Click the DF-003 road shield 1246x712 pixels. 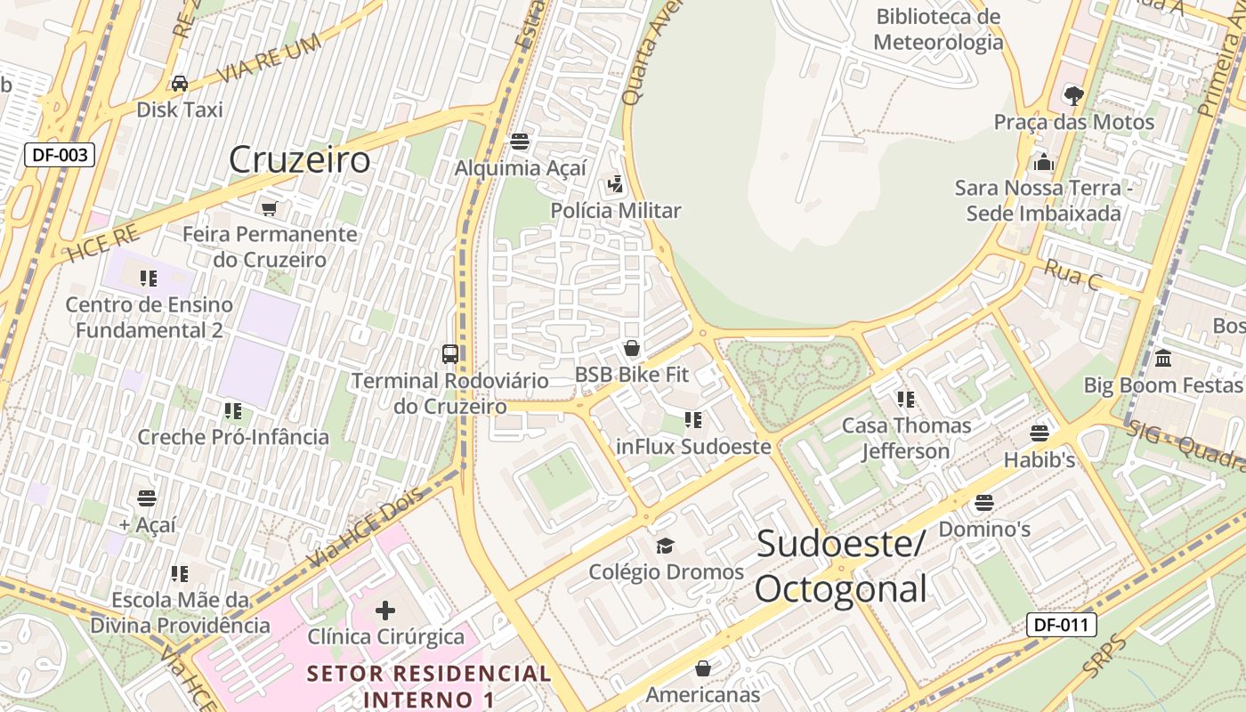point(60,155)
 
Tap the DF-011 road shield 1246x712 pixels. point(1061,625)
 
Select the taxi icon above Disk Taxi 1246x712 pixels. point(180,84)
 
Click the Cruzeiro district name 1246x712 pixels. point(299,160)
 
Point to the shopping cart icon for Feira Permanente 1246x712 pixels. point(269,208)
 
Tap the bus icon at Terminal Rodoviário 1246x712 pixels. point(450,354)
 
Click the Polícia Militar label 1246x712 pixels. point(616,211)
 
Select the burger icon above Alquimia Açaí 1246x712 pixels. point(520,142)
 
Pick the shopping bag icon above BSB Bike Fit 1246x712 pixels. point(632,348)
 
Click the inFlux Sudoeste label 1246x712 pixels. point(693,447)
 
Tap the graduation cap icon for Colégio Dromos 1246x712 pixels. point(665,546)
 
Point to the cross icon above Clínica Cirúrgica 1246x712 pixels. point(385,611)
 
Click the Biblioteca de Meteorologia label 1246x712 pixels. point(938,29)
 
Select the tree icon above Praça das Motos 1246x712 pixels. point(1074,95)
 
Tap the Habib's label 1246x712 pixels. point(1040,460)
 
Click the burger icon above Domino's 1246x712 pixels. point(983,503)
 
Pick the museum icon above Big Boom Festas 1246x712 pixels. point(1162,359)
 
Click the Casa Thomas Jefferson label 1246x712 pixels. point(906,438)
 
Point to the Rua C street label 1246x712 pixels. point(1072,276)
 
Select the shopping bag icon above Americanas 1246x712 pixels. point(703,668)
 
